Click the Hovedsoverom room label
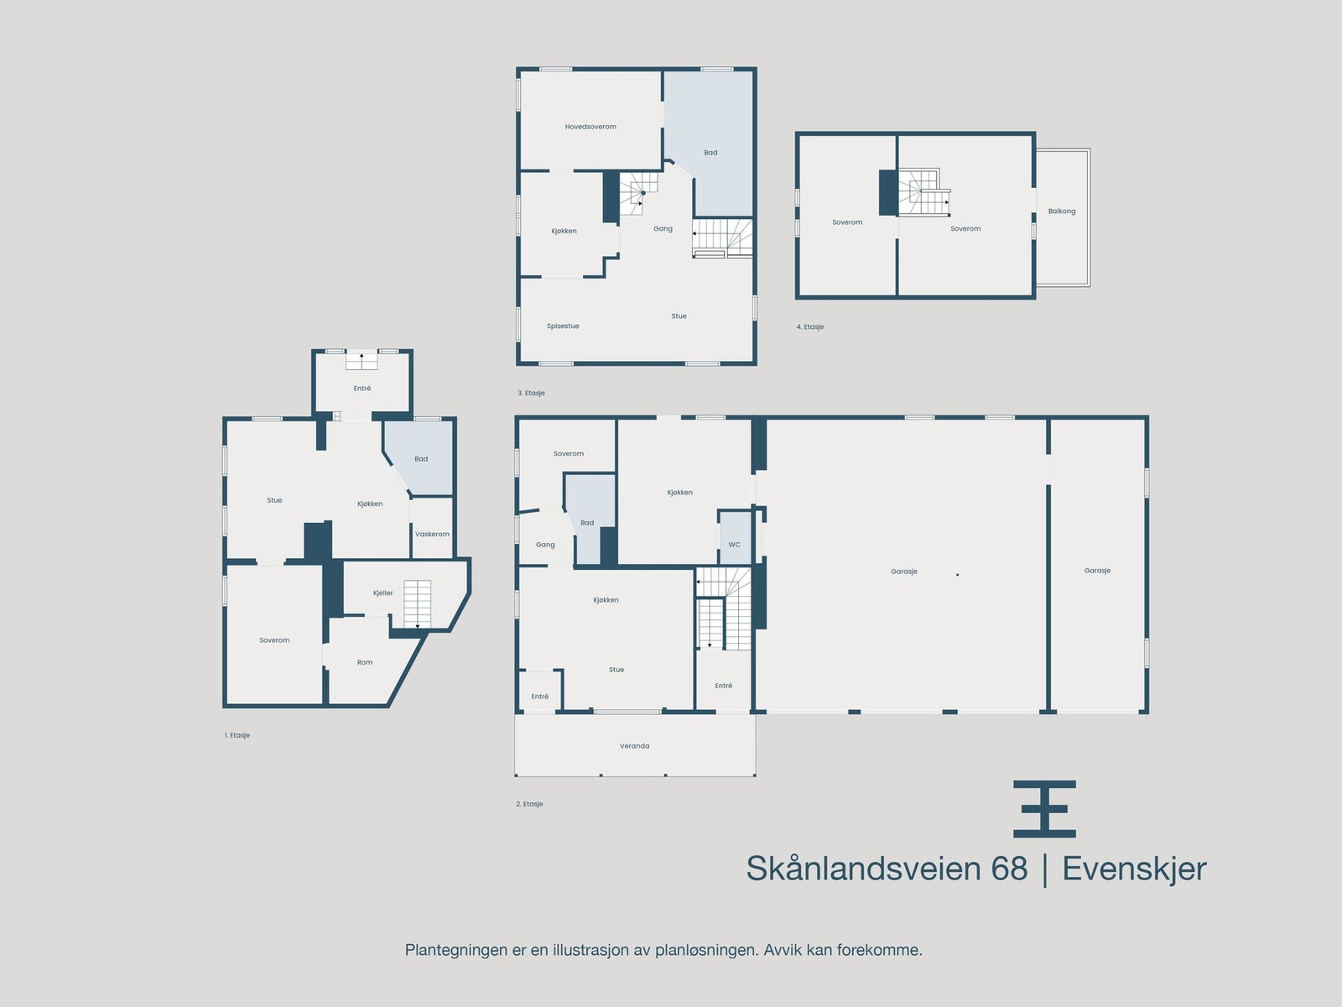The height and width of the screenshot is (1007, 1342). (590, 127)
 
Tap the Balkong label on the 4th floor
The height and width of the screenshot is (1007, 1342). (1061, 211)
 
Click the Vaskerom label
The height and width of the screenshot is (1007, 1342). (432, 534)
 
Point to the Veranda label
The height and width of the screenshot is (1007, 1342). (634, 746)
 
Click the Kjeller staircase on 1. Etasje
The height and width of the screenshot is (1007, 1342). (417, 603)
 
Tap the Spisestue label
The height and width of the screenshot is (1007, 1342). (563, 326)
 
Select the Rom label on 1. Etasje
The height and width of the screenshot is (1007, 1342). (365, 662)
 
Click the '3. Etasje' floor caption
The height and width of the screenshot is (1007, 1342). (531, 393)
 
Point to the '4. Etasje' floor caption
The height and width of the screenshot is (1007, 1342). (810, 327)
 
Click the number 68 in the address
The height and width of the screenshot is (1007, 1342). (1009, 869)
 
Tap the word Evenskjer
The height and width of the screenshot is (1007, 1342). (1134, 869)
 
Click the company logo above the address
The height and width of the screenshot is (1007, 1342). (1044, 809)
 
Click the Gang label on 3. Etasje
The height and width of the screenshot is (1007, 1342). (663, 228)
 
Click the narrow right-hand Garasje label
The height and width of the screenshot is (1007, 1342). (1097, 571)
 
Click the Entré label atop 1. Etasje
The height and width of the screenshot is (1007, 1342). (362, 389)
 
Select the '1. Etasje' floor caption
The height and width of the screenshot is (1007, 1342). (237, 735)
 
